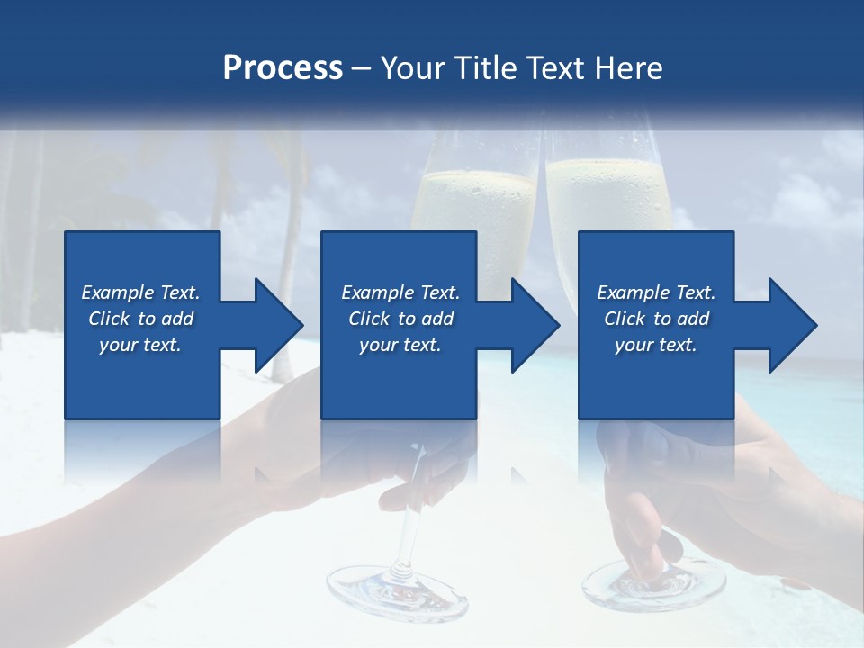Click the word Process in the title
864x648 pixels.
click(283, 67)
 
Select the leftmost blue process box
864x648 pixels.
click(142, 378)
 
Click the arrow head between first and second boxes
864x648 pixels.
click(279, 325)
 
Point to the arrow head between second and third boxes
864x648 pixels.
click(535, 325)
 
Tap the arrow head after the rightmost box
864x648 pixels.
click(793, 325)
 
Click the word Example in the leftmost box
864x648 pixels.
click(118, 292)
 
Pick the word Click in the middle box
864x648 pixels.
click(370, 319)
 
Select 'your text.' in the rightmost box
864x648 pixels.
click(655, 345)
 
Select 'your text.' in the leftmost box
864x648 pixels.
click(140, 345)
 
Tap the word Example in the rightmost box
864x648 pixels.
click(634, 292)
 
